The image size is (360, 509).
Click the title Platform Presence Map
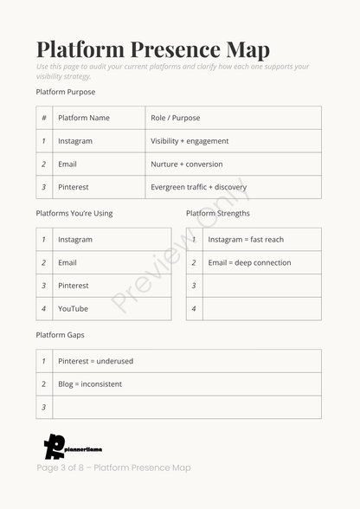tap(153, 49)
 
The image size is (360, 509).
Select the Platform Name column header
tap(84, 118)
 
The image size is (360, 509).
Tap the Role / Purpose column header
tap(175, 118)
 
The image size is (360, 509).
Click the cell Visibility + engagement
tap(190, 141)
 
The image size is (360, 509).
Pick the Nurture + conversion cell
tap(186, 164)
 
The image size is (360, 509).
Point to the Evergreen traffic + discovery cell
tap(198, 187)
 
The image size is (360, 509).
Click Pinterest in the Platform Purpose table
tap(74, 187)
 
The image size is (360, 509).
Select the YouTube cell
tap(73, 309)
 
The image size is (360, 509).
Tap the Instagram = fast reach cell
tap(246, 240)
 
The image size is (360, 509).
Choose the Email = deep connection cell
tap(249, 262)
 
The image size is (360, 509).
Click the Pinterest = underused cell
tap(95, 361)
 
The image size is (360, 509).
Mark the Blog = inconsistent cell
tap(90, 384)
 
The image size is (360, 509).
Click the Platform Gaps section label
tap(60, 335)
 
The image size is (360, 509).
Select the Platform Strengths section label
tap(218, 213)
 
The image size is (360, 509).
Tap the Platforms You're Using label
tap(74, 213)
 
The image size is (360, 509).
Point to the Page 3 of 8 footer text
tap(113, 468)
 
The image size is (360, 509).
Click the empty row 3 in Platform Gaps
tap(186, 407)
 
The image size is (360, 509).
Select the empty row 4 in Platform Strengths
tap(261, 309)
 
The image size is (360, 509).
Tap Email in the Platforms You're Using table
tap(67, 262)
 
